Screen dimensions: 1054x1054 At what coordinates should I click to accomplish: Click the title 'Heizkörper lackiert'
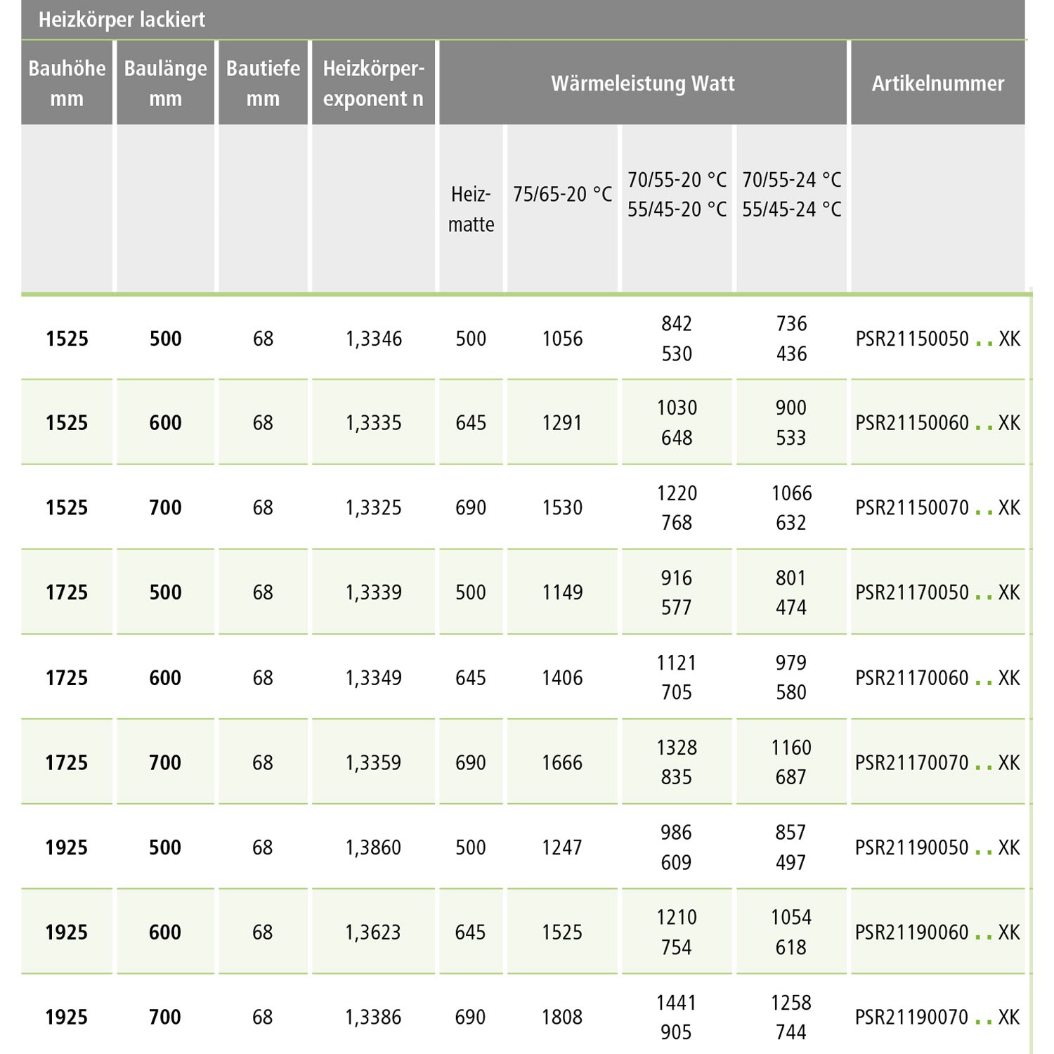122,20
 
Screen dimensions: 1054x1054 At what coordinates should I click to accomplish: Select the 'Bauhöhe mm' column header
67,83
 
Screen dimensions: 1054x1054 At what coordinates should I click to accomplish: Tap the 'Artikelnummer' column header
937,83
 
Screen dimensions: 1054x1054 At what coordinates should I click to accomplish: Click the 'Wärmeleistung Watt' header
642,83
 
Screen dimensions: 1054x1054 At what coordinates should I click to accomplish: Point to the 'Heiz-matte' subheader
471,209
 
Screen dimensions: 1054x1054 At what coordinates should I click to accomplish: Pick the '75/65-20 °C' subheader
562,194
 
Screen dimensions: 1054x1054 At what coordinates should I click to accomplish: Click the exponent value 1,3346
373,339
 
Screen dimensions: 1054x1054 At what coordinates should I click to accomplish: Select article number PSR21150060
912,423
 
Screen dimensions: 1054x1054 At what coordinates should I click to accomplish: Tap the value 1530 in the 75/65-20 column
562,507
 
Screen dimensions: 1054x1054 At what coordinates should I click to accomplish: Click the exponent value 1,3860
373,847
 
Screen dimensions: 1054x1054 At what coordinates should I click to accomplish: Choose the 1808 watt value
562,1017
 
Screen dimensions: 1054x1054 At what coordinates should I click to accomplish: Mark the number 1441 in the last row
676,1002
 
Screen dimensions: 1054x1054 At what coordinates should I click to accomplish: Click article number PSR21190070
911,1017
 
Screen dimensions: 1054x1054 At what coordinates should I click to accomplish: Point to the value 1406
562,677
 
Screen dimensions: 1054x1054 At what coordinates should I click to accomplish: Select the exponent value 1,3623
373,932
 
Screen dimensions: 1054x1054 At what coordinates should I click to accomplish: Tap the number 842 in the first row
677,324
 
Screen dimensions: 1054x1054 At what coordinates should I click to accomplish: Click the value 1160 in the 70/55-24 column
791,748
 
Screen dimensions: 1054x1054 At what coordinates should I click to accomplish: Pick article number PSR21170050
912,592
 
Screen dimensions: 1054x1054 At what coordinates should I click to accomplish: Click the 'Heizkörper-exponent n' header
373,83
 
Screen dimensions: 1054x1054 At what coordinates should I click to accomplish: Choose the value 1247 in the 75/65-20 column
562,847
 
